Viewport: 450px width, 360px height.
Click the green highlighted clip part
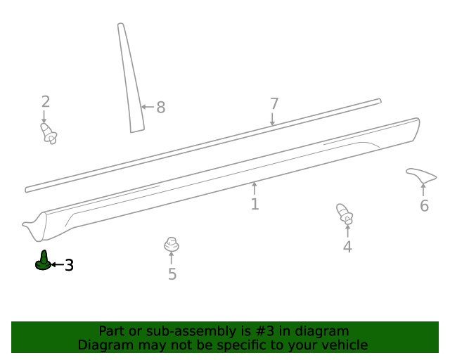pos(44,262)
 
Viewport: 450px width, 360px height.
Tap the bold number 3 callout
pos(69,265)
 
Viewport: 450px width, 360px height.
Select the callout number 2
pos(46,102)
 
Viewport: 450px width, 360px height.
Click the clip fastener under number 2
pos(49,133)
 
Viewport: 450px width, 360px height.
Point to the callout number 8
pos(161,108)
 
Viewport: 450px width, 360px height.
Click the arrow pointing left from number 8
pos(148,107)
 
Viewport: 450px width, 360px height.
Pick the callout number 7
pos(274,103)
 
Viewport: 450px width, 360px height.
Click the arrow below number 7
pos(272,119)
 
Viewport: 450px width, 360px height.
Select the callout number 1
pos(255,204)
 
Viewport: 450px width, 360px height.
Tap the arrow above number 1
pos(254,188)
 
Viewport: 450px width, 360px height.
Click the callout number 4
pos(347,247)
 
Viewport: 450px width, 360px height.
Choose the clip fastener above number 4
pos(345,214)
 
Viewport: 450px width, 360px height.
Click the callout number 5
pos(172,274)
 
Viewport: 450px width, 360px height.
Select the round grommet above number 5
pos(172,244)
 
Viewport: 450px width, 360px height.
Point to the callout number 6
pos(424,206)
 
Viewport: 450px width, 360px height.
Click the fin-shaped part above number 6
pos(421,174)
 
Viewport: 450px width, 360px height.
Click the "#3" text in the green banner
pos(264,331)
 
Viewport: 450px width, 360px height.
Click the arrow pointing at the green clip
pos(58,264)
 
